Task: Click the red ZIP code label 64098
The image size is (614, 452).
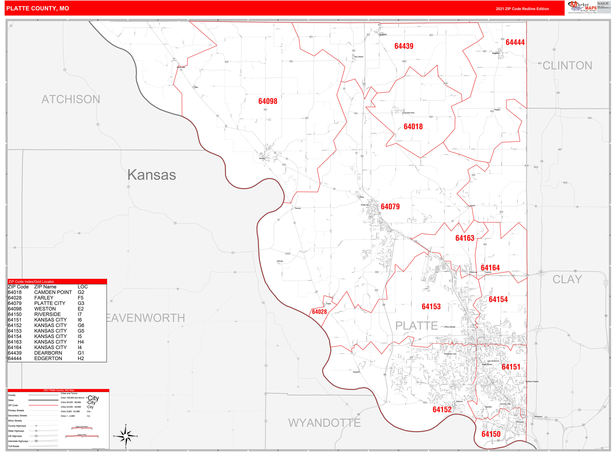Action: pyautogui.click(x=268, y=101)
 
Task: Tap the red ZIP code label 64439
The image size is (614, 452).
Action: pyautogui.click(x=404, y=46)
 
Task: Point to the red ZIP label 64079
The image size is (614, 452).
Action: pyautogui.click(x=390, y=207)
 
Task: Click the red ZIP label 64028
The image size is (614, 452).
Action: pyautogui.click(x=319, y=312)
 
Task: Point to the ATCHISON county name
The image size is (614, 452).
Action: pyautogui.click(x=71, y=99)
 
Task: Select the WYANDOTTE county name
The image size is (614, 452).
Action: pyautogui.click(x=324, y=423)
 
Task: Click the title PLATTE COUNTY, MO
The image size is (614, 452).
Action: pyautogui.click(x=38, y=9)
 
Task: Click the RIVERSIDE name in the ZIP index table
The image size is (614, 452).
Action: pyautogui.click(x=47, y=314)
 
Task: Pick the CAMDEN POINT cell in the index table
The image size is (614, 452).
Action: pyautogui.click(x=53, y=292)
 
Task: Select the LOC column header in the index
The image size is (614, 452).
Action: pyautogui.click(x=82, y=287)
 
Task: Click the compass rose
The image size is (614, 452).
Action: pyautogui.click(x=126, y=436)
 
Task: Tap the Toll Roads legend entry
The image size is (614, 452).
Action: pyautogui.click(x=14, y=446)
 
